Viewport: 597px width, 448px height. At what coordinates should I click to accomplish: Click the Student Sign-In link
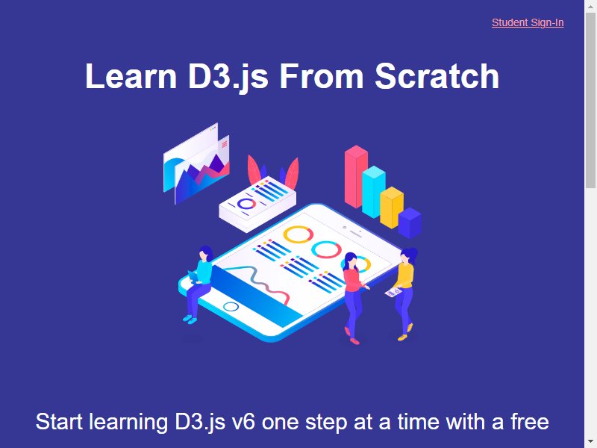tap(528, 23)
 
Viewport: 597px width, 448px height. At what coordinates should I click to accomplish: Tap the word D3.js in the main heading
tap(228, 77)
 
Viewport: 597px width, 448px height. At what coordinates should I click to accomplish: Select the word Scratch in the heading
tap(437, 76)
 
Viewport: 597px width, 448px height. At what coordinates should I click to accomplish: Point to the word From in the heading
tap(322, 76)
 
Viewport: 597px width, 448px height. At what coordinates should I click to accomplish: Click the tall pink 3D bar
tap(356, 176)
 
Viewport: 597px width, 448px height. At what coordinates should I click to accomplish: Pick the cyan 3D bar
tap(374, 192)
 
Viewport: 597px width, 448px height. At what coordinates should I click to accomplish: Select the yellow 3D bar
tap(391, 208)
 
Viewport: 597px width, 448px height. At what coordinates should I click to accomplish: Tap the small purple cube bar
tap(410, 223)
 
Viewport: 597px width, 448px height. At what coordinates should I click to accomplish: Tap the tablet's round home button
tap(231, 307)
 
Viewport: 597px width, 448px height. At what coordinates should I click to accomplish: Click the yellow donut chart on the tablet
tap(298, 234)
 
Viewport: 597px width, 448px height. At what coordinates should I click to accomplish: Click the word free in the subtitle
tap(530, 421)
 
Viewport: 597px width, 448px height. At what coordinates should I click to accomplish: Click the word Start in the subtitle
tap(59, 422)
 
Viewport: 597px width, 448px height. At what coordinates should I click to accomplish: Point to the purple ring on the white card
tap(246, 204)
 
